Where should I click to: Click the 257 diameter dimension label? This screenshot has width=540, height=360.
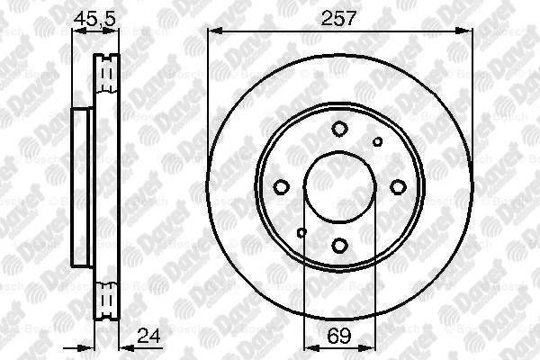340,17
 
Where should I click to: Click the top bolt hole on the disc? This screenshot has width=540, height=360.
340,129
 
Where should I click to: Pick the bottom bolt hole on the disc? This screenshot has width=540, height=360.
340,244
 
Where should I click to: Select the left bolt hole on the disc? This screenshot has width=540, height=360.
282,186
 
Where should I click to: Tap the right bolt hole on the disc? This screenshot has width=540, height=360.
398,186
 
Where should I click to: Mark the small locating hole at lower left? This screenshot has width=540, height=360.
301,233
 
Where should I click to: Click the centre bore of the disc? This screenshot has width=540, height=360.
340,186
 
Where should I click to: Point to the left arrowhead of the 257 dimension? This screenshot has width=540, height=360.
212,32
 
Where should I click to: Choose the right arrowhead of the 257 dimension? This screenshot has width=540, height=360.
467,32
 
